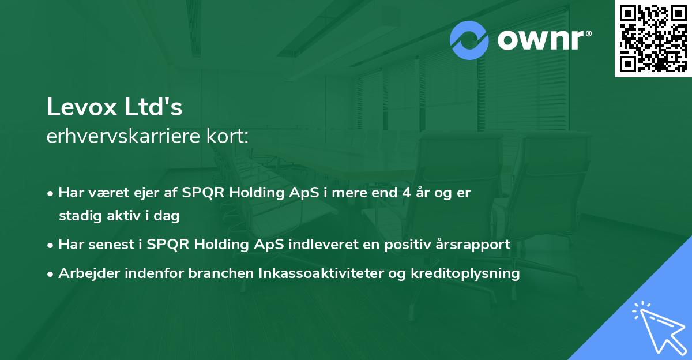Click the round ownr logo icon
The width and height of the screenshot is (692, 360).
(469, 40)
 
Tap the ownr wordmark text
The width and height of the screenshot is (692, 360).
(542, 40)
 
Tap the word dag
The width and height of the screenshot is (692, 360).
(168, 216)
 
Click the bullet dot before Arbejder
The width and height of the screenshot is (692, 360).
(51, 274)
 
